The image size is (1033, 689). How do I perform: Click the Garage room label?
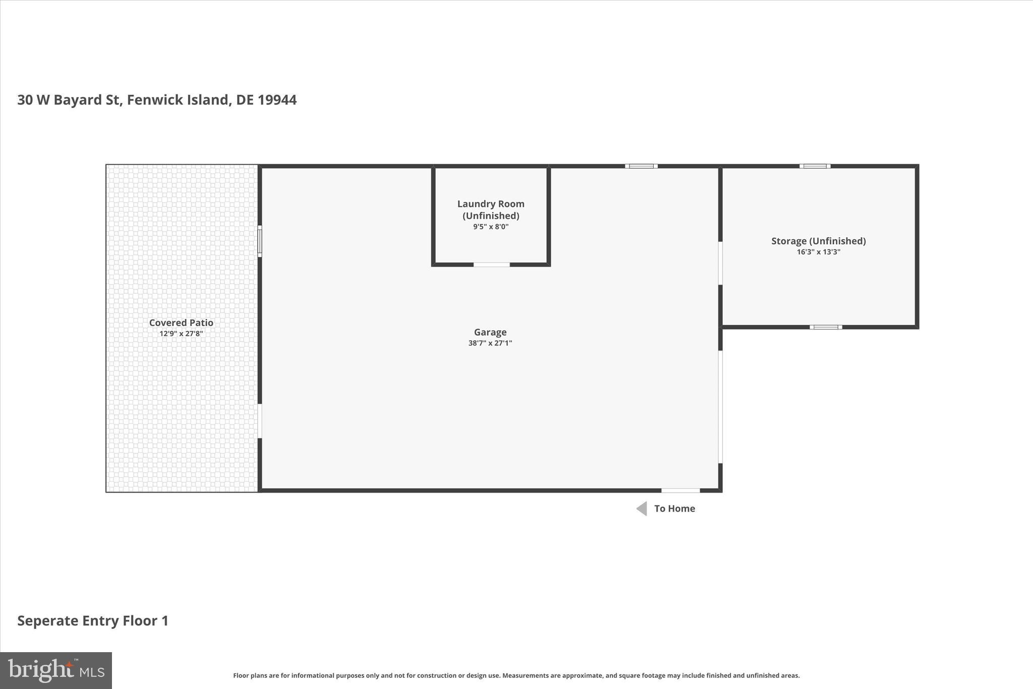[490, 332]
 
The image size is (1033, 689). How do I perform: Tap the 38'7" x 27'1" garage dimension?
[490, 343]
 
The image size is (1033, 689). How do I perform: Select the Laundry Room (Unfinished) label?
[491, 209]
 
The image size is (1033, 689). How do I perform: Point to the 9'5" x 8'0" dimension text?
[491, 227]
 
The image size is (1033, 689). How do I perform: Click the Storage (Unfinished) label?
[818, 241]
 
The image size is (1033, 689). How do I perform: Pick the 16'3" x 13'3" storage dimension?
[818, 252]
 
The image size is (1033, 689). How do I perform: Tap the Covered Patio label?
[181, 323]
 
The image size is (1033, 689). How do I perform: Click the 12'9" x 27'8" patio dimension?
[181, 334]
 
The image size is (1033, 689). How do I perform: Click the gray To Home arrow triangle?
[642, 508]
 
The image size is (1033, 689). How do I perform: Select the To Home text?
[674, 508]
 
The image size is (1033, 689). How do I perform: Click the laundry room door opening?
[491, 264]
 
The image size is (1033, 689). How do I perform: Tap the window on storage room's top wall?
[815, 166]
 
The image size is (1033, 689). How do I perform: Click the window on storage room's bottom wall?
[826, 327]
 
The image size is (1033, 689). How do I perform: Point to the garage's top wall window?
[641, 166]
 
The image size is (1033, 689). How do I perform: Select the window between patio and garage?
[260, 241]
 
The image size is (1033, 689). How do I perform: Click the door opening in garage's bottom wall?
[680, 490]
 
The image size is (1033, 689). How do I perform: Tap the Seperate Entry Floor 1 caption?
[93, 620]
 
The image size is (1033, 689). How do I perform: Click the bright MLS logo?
[56, 670]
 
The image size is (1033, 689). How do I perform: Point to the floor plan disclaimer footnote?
[516, 675]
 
